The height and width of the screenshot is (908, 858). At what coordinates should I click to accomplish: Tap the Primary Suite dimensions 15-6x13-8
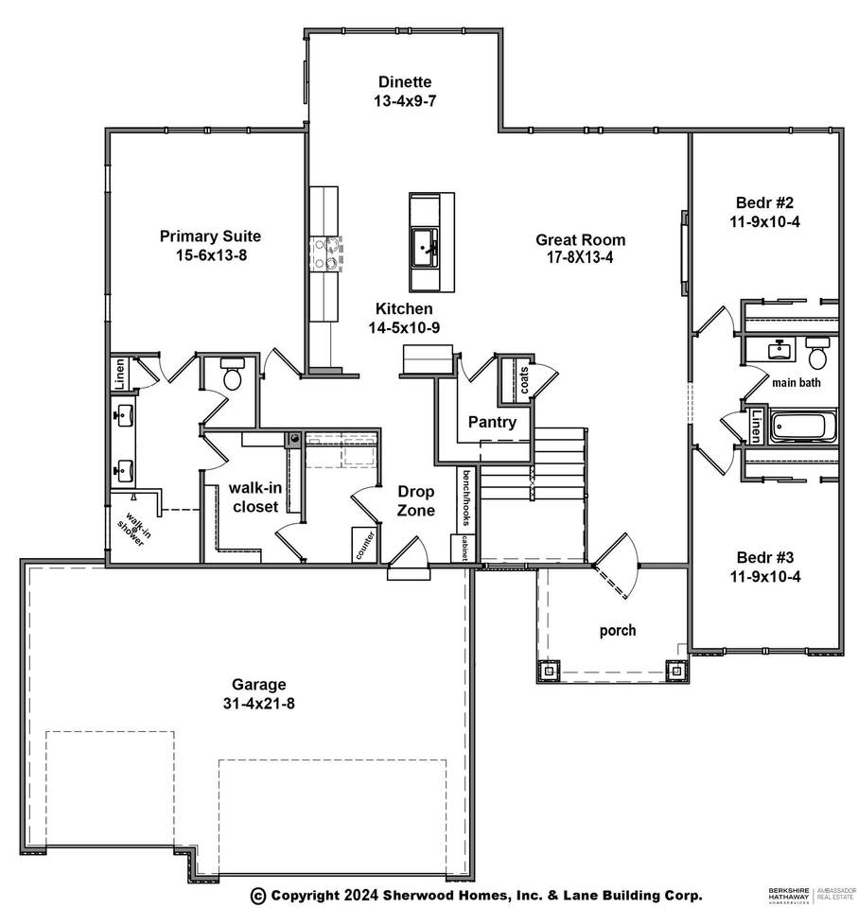[210, 254]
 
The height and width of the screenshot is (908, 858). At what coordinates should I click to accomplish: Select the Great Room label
[580, 239]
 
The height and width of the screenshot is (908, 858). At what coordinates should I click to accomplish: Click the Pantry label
[492, 422]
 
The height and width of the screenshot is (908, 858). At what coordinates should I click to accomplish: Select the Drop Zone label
[415, 501]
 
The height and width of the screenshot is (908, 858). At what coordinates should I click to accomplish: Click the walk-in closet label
[254, 498]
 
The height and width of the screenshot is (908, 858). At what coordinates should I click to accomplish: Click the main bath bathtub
[803, 427]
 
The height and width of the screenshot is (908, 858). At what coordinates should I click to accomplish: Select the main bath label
[796, 383]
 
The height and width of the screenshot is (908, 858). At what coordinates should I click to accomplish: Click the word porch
[617, 630]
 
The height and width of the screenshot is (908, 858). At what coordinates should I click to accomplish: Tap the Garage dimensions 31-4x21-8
[259, 703]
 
